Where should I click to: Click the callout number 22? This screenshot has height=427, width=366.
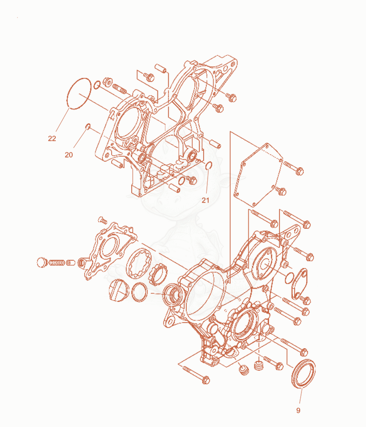(52, 139)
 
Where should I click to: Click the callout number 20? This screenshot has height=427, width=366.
(69, 155)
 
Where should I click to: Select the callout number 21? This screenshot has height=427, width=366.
(205, 200)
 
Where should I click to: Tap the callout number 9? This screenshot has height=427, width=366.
(298, 411)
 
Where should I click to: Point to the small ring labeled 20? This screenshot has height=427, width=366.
(87, 126)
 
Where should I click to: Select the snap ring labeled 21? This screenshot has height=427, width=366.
(209, 165)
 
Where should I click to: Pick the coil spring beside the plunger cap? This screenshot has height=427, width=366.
(57, 263)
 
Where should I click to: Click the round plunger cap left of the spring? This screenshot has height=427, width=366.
(42, 262)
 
